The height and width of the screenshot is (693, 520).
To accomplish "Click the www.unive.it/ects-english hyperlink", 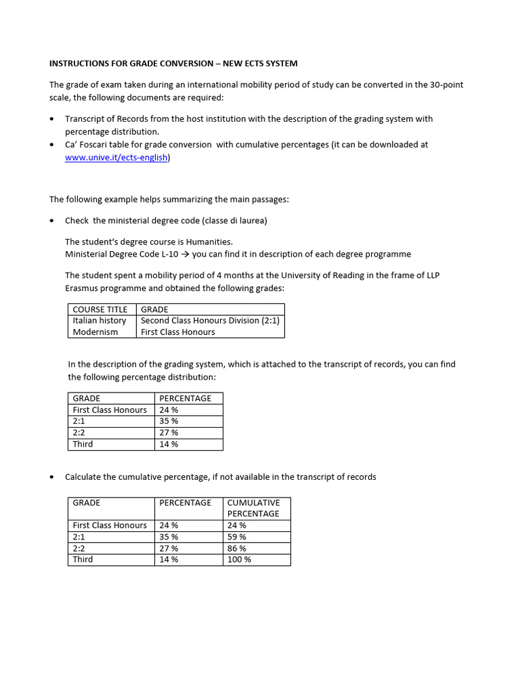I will (116, 158).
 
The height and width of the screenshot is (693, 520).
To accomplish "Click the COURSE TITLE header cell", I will (100, 309).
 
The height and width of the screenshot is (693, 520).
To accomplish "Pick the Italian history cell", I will (100, 321).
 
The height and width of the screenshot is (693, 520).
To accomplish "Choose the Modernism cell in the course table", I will (95, 332).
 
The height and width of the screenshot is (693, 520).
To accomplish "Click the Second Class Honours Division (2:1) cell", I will (210, 321).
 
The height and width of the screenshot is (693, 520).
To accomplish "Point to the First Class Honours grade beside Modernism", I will (177, 332).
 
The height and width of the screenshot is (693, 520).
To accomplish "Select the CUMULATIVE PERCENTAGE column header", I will (253, 508).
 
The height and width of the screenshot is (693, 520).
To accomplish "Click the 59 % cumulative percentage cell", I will (237, 537).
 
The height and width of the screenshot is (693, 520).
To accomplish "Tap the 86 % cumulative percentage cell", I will (237, 548).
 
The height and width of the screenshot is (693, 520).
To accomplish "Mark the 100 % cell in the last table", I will (239, 560).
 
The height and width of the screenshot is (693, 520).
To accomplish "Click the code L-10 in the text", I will (179, 254).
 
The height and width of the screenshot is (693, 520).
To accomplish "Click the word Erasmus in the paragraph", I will (83, 288).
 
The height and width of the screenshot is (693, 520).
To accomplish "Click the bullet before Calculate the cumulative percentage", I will (53, 477).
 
